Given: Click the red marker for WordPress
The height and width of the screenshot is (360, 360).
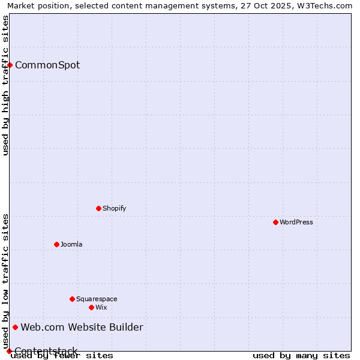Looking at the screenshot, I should (275, 222).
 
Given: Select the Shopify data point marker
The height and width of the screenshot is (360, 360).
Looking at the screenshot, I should (98, 208).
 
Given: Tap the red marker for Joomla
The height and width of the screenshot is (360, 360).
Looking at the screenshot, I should (56, 244).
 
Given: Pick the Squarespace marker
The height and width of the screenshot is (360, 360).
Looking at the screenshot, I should (72, 299).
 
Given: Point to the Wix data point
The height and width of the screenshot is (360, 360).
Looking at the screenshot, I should (91, 307).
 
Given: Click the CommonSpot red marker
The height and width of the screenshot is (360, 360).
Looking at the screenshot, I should (10, 65).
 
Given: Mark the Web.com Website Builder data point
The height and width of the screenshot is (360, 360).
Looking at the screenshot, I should (15, 327).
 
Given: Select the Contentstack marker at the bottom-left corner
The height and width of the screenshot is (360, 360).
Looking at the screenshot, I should (9, 351).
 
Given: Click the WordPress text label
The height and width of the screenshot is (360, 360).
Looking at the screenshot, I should (296, 222).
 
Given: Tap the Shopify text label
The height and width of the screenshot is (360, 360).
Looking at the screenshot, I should (114, 208).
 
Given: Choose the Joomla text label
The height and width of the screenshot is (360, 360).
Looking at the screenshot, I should (71, 244).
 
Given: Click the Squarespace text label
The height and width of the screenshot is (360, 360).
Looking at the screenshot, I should (97, 299).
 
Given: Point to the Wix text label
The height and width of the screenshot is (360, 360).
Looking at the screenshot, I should (101, 307).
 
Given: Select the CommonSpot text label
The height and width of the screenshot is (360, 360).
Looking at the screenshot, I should (47, 65).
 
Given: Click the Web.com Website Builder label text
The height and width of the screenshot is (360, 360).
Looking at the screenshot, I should (82, 327).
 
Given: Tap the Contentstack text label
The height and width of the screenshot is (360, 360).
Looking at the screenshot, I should (46, 351).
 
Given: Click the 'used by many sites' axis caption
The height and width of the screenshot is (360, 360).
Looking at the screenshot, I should (301, 355).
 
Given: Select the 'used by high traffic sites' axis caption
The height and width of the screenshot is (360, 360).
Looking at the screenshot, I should (5, 85).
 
